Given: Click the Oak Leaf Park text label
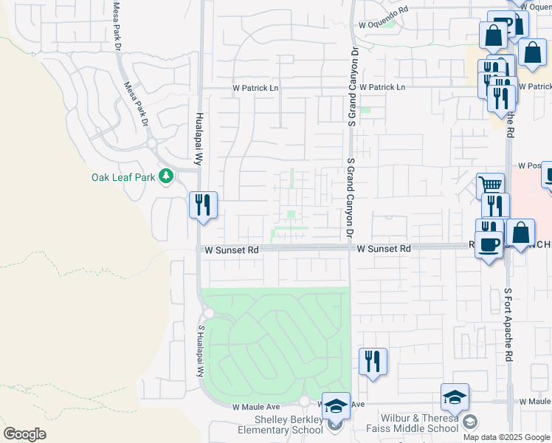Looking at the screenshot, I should coord(123,177).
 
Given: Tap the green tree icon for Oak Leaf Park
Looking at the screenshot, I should coord(167,176).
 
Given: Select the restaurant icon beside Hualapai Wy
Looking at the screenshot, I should coord(203,205).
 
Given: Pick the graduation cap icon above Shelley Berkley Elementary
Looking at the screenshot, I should coord(336,405).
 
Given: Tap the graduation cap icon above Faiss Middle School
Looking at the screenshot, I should coord(455,396).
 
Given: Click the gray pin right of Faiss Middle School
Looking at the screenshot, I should coord(469,422).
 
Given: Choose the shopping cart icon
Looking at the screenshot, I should coord(490,185).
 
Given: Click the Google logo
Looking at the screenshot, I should coord(24,434).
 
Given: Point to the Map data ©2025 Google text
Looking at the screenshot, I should coord(506,437).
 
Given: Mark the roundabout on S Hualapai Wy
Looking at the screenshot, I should coord(209,313).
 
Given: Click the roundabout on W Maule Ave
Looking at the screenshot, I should coord(304,401).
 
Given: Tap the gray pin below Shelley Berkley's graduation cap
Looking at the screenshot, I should coord(337,423).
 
